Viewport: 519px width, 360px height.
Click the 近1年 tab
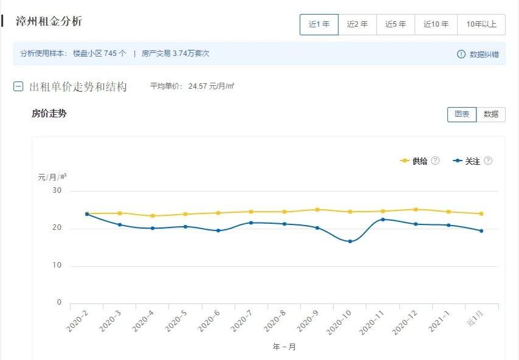(319, 24)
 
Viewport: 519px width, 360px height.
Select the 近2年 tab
(357, 24)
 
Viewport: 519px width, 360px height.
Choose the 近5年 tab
(396, 24)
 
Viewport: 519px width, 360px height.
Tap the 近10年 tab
(436, 24)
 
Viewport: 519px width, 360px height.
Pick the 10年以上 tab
(481, 24)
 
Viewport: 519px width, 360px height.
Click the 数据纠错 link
(478, 54)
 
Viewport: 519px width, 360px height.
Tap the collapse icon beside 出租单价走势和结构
(18, 86)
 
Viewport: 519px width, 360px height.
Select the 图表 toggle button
(462, 114)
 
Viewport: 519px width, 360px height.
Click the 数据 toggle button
(491, 114)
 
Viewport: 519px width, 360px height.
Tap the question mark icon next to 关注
(487, 161)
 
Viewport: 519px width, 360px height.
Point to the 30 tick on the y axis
(57, 191)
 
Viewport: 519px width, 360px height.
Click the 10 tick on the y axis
(57, 266)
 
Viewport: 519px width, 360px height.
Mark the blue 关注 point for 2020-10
(350, 241)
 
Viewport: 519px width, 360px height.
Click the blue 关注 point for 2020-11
(383, 220)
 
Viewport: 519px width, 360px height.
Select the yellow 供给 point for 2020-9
(317, 210)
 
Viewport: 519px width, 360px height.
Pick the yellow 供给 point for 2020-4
(153, 216)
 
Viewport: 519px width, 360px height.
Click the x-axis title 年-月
(284, 347)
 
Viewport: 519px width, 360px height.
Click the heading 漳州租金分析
(49, 22)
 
